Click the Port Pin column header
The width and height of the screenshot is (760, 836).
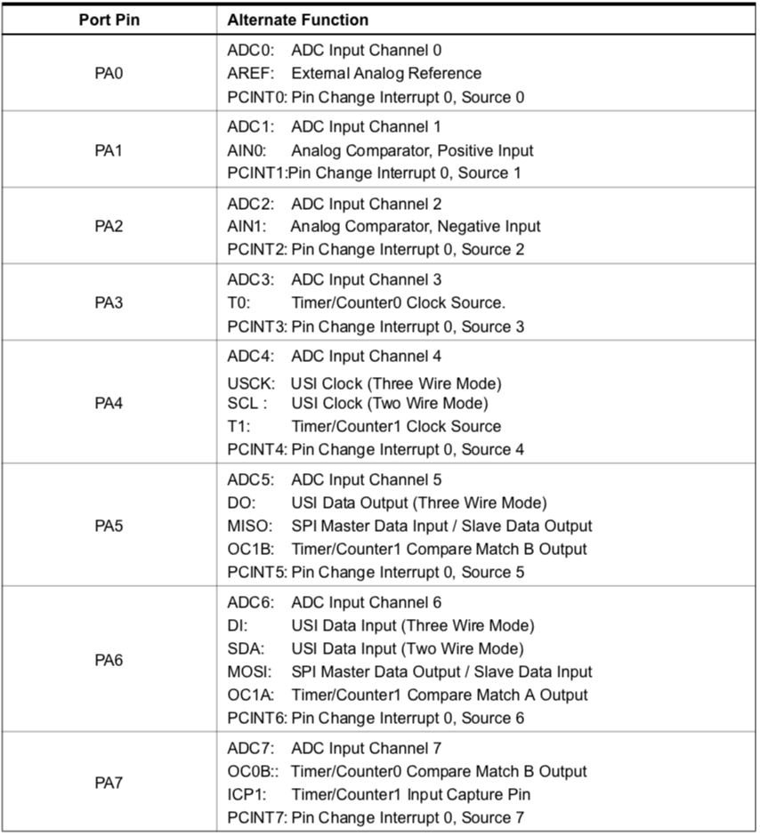(108, 20)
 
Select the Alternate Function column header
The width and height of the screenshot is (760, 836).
(298, 20)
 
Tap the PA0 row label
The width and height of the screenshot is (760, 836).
(108, 73)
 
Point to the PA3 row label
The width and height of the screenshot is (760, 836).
(108, 303)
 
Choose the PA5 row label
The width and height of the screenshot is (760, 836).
(108, 526)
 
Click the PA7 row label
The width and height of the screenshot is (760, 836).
(108, 784)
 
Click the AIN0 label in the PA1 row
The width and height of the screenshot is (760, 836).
(246, 149)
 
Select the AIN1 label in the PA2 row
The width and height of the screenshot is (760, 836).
(246, 226)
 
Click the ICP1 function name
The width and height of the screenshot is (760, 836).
(246, 794)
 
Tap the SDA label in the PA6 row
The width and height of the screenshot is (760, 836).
(243, 648)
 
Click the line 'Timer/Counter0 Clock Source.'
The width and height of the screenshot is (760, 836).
(398, 303)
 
